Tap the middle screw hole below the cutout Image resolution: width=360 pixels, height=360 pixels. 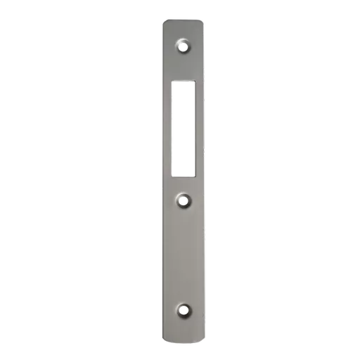184,200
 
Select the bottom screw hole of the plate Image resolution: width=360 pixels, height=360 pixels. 184,309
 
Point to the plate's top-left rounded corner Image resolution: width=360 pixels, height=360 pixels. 163,22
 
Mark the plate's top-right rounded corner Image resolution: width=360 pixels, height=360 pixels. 205,22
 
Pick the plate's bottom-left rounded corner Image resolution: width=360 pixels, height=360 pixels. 163,342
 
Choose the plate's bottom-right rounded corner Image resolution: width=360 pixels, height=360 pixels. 205,342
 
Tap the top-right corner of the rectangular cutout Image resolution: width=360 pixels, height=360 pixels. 194,82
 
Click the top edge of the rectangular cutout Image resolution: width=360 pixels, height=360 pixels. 184,81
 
